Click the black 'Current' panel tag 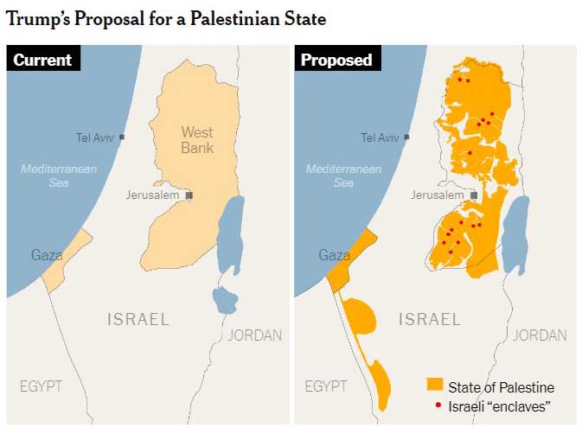(42, 60)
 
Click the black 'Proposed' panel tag (336, 60)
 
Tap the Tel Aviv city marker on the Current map (122, 137)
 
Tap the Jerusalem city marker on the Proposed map (474, 195)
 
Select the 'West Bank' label (197, 140)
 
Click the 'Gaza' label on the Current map (47, 254)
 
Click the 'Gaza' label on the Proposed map (335, 255)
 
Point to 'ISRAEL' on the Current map (138, 319)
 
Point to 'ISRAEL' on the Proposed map (429, 319)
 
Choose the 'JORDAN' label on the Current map (255, 335)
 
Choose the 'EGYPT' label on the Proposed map (326, 386)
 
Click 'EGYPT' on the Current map (42, 386)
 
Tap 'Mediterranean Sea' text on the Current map (59, 176)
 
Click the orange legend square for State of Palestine (434, 386)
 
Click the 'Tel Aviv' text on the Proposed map (380, 137)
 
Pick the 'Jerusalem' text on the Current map (152, 195)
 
